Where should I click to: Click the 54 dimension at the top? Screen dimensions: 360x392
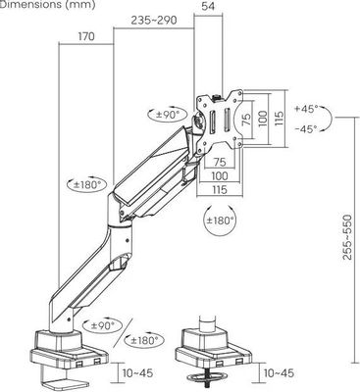(208, 6)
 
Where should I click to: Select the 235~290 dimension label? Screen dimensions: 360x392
(154, 21)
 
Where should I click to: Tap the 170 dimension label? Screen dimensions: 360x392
(86, 36)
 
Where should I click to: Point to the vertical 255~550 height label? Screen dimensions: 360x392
(347, 237)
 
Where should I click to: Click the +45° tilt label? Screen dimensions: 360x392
(306, 109)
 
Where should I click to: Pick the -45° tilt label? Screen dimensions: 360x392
(306, 128)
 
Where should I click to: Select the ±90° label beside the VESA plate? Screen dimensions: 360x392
(168, 115)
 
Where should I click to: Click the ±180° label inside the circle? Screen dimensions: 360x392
(221, 220)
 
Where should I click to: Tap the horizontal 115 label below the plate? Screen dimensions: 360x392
(220, 189)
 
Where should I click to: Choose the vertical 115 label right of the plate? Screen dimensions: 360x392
(279, 120)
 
